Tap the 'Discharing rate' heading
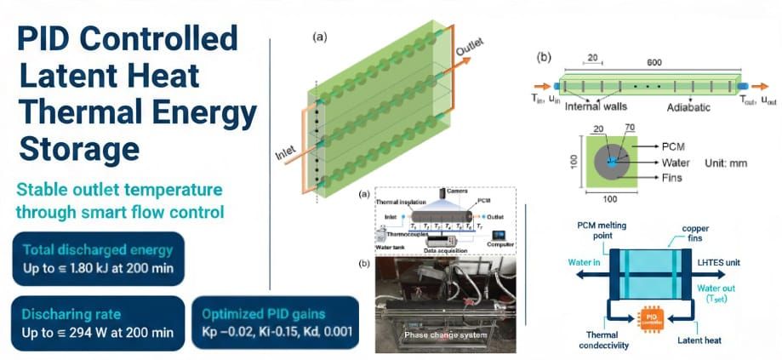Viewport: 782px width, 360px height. point(71,314)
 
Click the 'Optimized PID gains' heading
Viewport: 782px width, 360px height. point(271,314)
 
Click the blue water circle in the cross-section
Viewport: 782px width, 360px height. point(611,162)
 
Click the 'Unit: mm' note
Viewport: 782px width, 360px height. point(728,163)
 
